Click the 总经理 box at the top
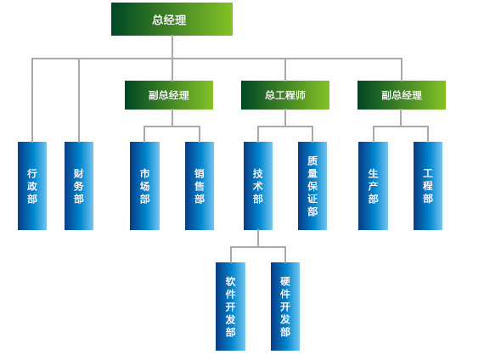pos(172,20)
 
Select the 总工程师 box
pos(285,95)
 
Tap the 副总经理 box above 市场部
pos(169,95)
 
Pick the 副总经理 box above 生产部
pos(402,95)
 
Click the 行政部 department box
pos(32,186)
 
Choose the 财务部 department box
pos(79,186)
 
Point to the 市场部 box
pos(144,186)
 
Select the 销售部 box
pos(200,186)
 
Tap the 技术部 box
pos(258,186)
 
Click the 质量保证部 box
pos(312,186)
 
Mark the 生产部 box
pos(373,186)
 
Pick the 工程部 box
pos(428,186)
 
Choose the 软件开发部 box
pos(230,307)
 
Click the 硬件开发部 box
pos(285,307)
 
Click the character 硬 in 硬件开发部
pos(285,281)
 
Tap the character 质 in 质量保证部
pos(312,160)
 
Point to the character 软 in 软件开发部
pos(230,281)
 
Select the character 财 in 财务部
pos(79,173)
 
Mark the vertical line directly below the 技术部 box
pos(258,239)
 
